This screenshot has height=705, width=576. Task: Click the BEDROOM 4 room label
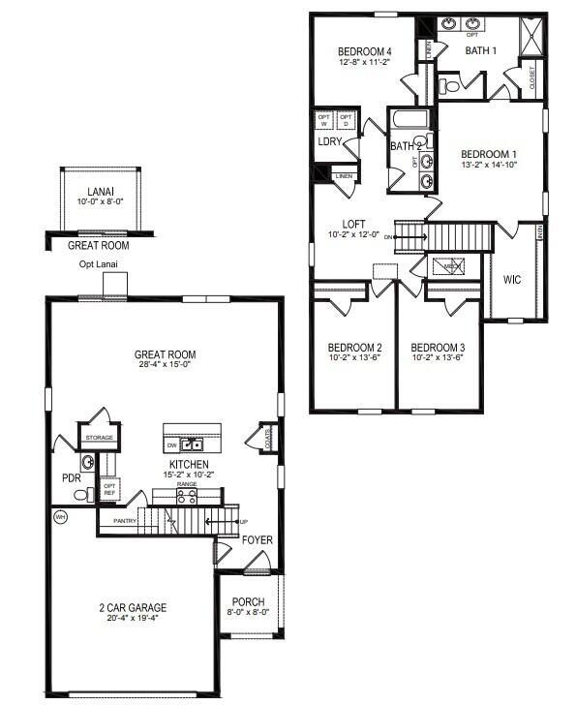364,51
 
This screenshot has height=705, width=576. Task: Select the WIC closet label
512,280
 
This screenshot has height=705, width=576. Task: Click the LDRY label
327,142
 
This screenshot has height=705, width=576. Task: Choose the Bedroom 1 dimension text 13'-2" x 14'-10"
488,165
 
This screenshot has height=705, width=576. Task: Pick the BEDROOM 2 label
354,348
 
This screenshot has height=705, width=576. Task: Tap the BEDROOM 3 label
438,348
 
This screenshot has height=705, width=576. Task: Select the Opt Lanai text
99,264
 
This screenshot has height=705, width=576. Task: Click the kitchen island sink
192,444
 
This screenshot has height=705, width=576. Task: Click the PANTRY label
124,521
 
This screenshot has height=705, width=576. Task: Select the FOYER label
257,539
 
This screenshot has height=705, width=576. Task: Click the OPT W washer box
324,120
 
